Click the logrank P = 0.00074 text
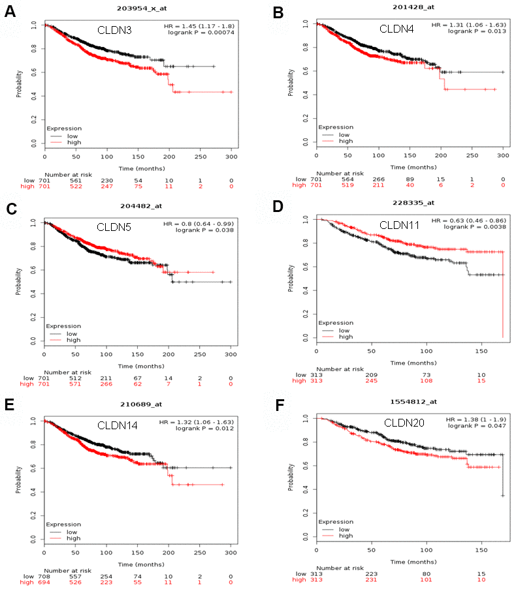click(x=200, y=32)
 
